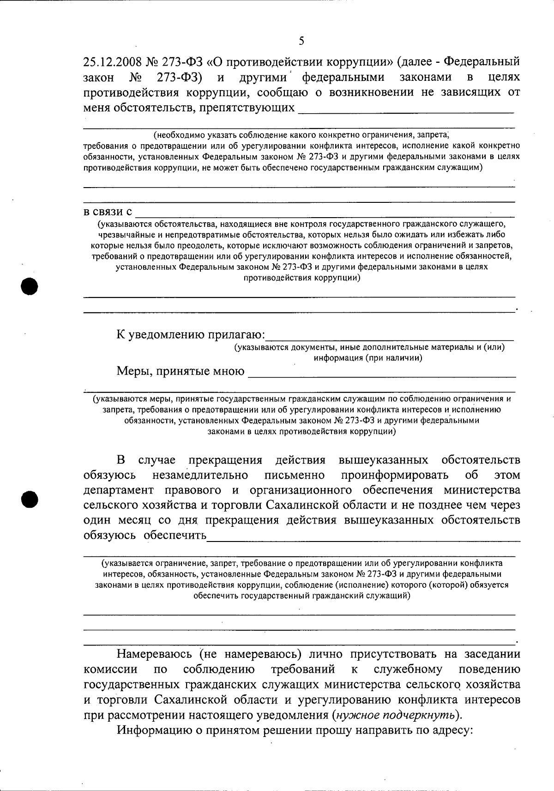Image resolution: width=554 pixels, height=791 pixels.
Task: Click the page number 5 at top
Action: click(x=301, y=41)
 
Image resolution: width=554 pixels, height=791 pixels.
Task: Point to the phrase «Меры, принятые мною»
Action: click(x=181, y=371)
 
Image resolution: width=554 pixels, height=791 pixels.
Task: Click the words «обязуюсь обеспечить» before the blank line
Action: click(x=145, y=535)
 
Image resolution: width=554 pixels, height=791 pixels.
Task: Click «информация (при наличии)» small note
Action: click(x=368, y=358)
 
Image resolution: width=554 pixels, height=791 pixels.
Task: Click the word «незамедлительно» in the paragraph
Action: click(x=200, y=475)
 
